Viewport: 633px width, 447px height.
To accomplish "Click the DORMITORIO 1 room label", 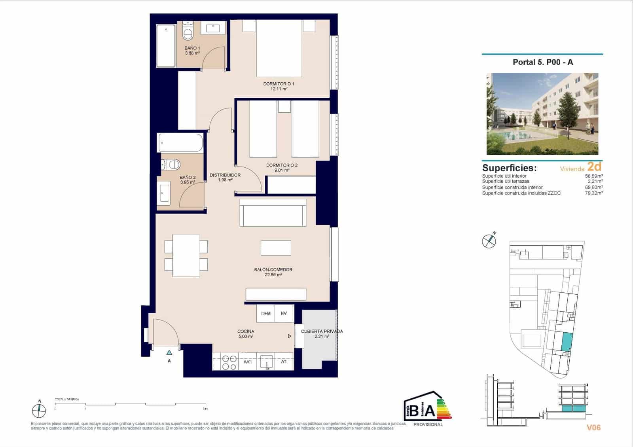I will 279,86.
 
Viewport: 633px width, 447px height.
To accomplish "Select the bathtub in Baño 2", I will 180,143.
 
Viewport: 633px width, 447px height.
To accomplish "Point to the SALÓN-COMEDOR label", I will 273,272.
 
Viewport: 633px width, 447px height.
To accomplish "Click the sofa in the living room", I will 273,212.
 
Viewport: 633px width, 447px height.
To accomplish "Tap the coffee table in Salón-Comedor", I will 276,248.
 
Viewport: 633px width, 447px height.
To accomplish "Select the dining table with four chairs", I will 186,256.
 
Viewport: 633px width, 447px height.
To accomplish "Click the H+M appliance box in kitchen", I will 266,313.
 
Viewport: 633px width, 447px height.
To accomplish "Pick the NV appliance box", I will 284,313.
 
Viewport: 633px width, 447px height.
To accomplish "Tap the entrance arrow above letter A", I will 169,352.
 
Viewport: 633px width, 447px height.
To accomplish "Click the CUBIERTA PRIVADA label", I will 322,333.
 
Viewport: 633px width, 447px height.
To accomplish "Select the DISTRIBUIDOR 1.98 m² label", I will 225,177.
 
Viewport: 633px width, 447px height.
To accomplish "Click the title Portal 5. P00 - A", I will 542,62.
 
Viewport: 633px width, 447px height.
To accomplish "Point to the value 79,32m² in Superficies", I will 594,193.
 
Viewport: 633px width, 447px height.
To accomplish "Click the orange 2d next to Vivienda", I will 594,166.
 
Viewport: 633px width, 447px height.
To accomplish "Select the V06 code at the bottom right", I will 593,427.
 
